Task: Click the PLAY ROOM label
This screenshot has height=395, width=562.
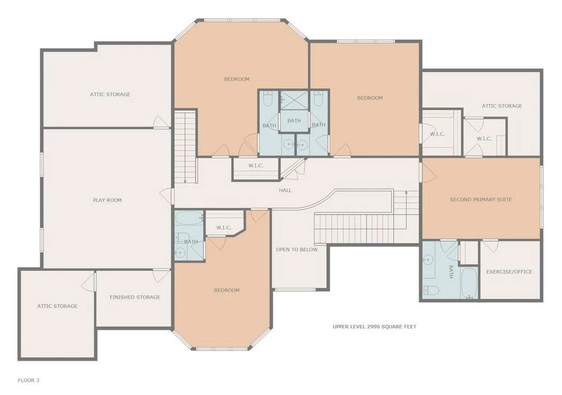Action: [107, 200]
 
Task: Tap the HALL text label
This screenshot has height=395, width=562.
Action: [285, 191]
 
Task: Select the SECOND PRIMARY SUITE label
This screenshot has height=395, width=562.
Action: [481, 200]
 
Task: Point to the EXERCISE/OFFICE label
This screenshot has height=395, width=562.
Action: [509, 272]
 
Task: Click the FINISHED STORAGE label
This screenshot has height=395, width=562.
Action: [135, 297]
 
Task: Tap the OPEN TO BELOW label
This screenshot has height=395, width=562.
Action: [297, 249]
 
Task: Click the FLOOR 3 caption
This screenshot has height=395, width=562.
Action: [29, 381]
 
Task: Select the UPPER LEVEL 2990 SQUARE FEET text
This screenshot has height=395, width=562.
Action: [375, 326]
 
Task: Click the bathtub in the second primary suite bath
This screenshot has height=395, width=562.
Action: [469, 283]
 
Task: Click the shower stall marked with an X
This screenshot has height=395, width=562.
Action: [294, 100]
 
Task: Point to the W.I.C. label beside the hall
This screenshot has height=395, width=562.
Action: [256, 165]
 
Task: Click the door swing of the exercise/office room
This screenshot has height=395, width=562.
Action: [490, 246]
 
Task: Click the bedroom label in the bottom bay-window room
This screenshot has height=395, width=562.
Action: [226, 290]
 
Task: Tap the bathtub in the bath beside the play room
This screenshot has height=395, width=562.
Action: [188, 218]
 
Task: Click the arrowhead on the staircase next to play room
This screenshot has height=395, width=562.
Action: [185, 181]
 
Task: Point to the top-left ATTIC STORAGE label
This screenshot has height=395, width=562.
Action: [110, 95]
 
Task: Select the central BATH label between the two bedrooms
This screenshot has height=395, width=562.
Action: [294, 121]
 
